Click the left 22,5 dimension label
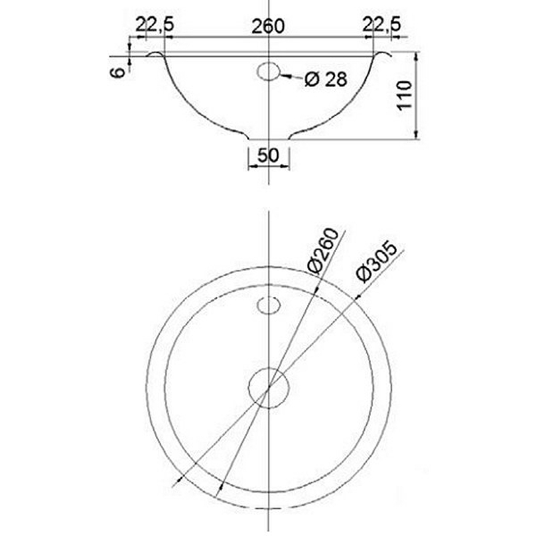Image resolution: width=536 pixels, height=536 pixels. tap(155, 25)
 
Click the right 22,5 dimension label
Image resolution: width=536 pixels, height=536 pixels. tap(381, 25)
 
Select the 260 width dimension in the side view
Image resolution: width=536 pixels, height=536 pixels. tap(268, 25)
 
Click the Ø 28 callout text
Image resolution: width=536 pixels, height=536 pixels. tap(326, 80)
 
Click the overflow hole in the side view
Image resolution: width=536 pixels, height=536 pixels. tap(268, 70)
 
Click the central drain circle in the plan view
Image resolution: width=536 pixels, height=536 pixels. tap(268, 387)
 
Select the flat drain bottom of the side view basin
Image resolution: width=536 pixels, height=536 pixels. tap(268, 141)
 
